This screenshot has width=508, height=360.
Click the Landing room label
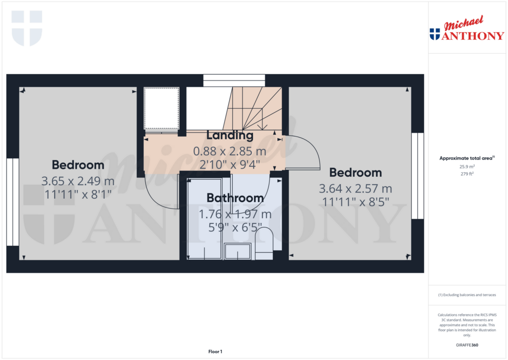[x=230, y=135]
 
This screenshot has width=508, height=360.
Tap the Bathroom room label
[x=235, y=198]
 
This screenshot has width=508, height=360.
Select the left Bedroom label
[x=78, y=165]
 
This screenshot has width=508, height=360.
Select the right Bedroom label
[x=356, y=173]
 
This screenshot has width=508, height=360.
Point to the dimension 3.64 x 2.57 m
[x=355, y=189]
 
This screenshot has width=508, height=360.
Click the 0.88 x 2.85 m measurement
[x=230, y=151]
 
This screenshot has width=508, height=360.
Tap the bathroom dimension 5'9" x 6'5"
[x=235, y=228]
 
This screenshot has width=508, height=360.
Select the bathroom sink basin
[x=239, y=252]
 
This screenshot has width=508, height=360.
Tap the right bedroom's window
[x=418, y=176]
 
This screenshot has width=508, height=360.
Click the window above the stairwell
[x=234, y=80]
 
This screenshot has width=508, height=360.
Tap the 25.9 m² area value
[x=467, y=167]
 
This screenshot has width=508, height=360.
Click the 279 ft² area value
[x=467, y=174]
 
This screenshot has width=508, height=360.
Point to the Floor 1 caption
[x=215, y=352]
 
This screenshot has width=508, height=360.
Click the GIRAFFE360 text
[x=467, y=345]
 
